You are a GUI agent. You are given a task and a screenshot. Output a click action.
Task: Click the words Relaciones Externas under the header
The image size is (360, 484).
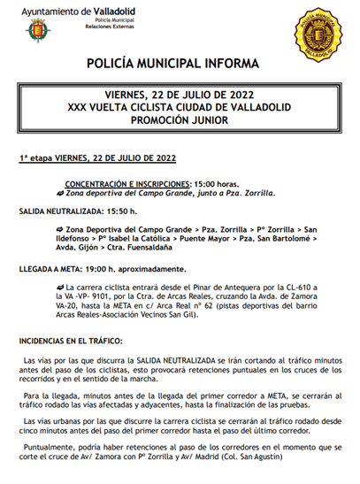(x=111, y=27)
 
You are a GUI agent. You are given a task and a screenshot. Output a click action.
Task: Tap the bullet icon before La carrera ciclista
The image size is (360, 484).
(x=59, y=288)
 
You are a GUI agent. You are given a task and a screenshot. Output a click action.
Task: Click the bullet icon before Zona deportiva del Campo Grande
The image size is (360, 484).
(x=59, y=192)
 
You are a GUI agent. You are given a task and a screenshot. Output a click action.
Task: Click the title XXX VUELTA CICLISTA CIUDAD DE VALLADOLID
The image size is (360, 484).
(x=180, y=107)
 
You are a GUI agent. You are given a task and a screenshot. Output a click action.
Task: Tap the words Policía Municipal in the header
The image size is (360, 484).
(x=110, y=19)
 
